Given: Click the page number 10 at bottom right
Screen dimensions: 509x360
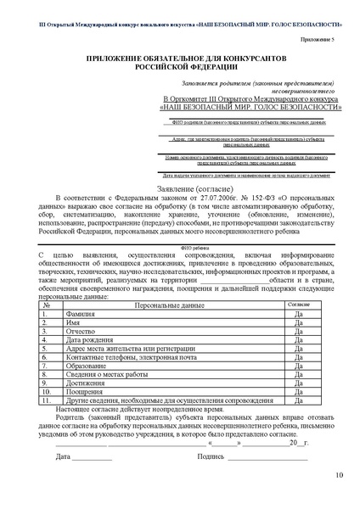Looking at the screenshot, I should (x=339, y=498).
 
